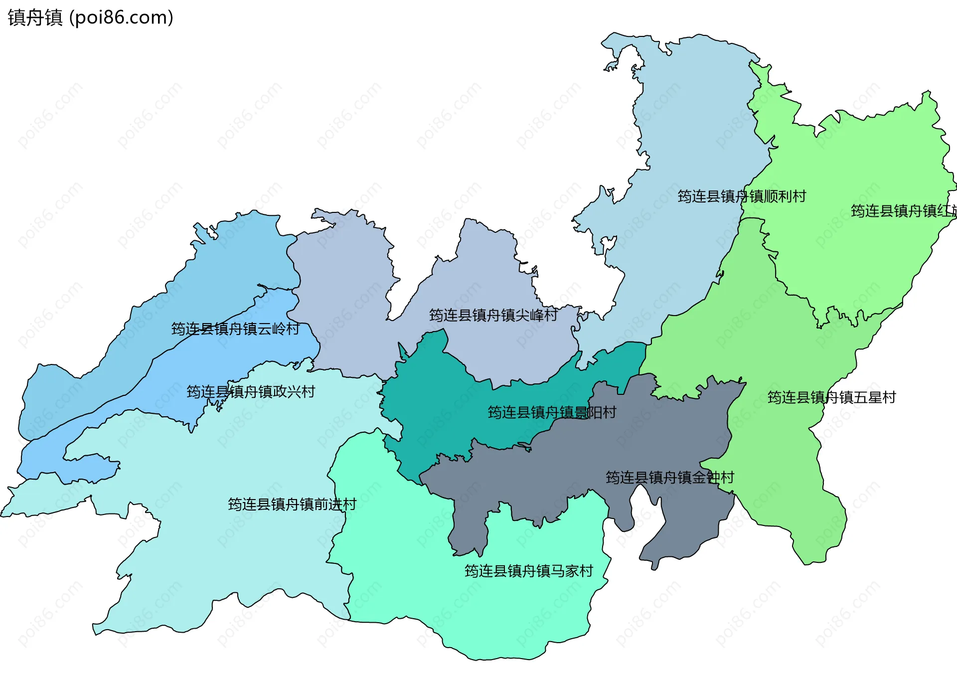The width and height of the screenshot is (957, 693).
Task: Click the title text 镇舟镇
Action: [35, 18]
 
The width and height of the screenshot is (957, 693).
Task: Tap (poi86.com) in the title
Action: [121, 18]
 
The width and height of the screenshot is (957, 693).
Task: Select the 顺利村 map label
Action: [742, 196]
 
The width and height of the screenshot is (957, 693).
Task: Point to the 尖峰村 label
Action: [493, 315]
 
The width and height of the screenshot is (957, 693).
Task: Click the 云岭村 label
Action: [235, 329]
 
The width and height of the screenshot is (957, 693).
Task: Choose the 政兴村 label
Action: [251, 392]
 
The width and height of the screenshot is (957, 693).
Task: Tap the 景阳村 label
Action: [552, 412]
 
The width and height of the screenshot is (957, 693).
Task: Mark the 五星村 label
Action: [831, 397]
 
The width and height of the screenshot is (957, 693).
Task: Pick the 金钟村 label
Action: [670, 478]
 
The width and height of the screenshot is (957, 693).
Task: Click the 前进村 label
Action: [292, 505]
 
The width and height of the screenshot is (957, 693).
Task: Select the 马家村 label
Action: [529, 571]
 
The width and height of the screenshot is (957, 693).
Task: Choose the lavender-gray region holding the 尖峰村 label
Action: [349, 299]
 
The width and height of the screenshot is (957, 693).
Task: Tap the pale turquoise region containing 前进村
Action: [224, 548]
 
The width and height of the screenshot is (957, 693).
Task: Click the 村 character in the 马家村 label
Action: [586, 571]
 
